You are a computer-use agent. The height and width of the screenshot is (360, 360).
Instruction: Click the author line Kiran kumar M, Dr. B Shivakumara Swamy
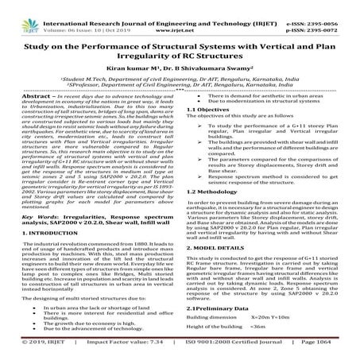click(180, 68)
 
